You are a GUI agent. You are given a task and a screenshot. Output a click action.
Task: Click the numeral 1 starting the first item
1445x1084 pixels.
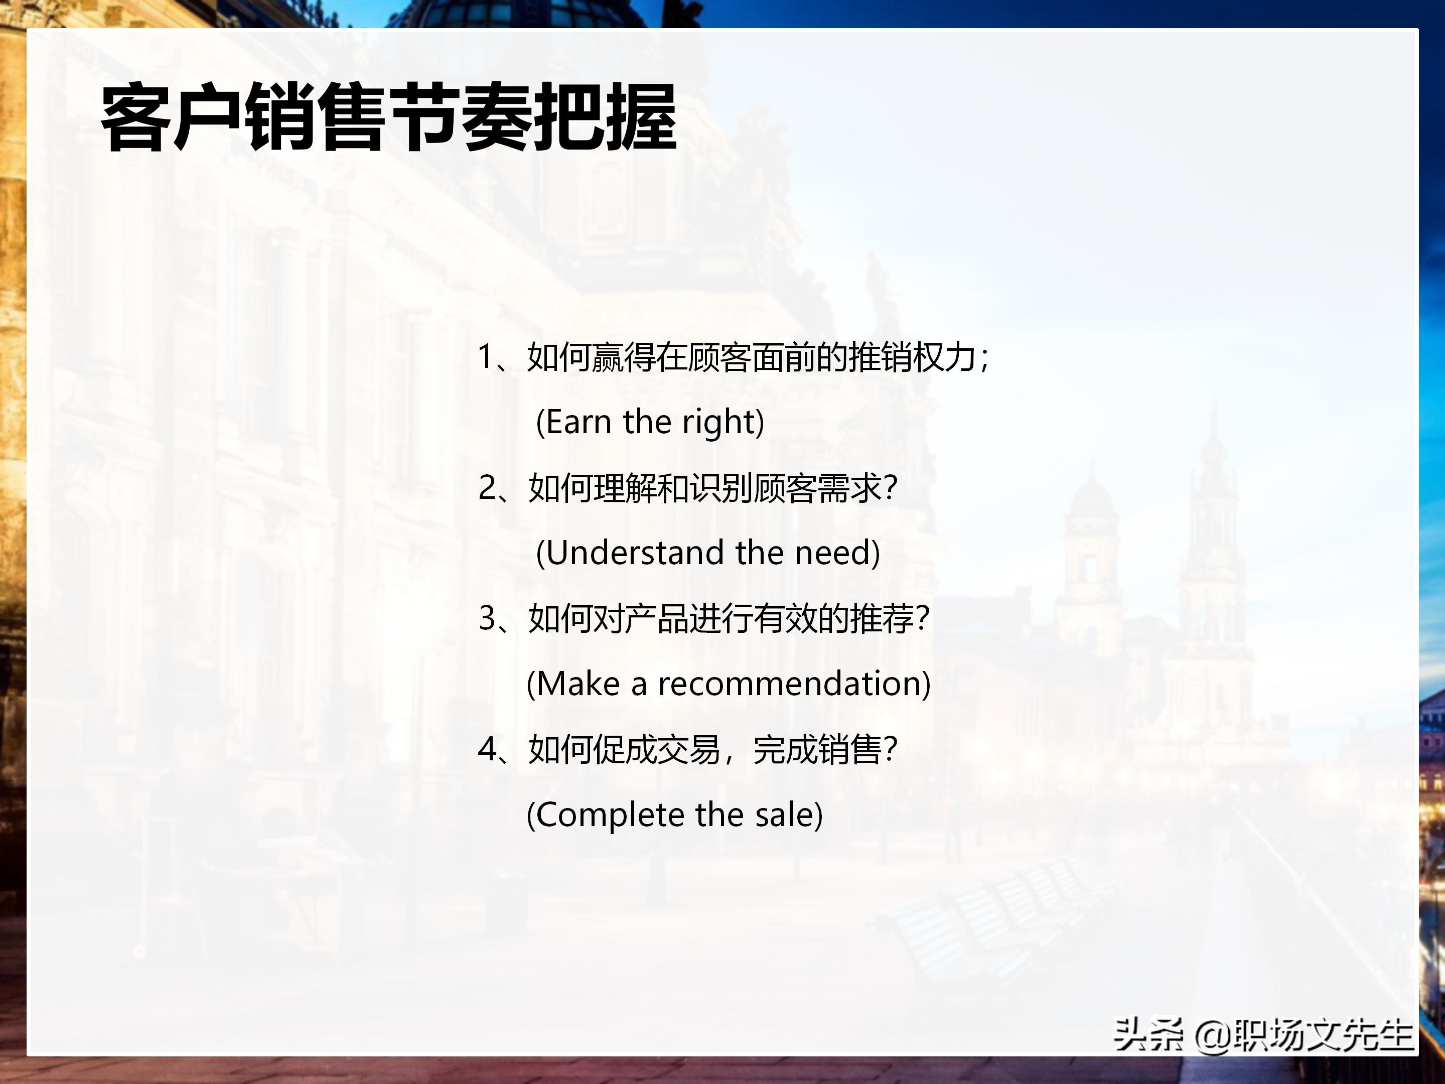pyautogui.click(x=485, y=357)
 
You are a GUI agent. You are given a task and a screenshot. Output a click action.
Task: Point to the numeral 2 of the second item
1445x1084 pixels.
pyautogui.click(x=487, y=487)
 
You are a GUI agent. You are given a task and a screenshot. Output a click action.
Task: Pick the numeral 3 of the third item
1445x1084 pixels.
pyautogui.click(x=487, y=618)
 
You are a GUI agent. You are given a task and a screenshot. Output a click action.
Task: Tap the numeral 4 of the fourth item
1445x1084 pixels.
pyautogui.click(x=487, y=749)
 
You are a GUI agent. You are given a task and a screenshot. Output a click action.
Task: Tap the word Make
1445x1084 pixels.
pyautogui.click(x=577, y=684)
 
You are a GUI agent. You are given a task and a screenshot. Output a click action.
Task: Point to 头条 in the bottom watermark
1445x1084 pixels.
pyautogui.click(x=1148, y=1035)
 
